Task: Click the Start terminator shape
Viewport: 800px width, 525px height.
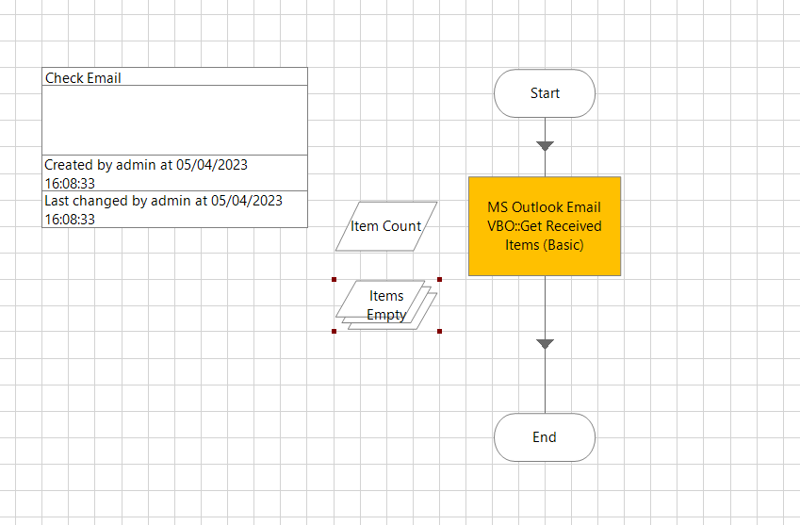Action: point(545,93)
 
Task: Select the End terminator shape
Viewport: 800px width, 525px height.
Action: point(545,437)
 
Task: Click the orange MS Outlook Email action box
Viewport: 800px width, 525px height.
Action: point(545,226)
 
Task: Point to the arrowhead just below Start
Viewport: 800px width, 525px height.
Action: point(545,146)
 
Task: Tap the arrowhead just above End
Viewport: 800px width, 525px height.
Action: point(545,344)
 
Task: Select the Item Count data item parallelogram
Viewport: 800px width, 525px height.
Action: point(386,226)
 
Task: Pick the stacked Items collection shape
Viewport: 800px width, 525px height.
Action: point(386,304)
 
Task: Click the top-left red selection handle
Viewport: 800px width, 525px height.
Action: point(335,279)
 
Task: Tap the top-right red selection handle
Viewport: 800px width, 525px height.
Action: point(440,279)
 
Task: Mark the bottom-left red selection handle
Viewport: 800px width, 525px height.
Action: point(335,331)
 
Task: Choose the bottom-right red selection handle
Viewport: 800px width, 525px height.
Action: point(440,331)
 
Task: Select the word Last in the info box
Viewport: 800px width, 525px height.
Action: point(57,200)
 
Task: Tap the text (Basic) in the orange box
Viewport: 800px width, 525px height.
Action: point(563,245)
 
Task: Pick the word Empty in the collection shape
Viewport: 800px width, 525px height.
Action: point(386,315)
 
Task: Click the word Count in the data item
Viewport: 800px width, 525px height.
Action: point(402,226)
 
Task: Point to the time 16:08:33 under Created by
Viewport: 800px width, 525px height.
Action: point(70,183)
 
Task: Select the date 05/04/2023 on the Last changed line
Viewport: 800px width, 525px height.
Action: point(247,200)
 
